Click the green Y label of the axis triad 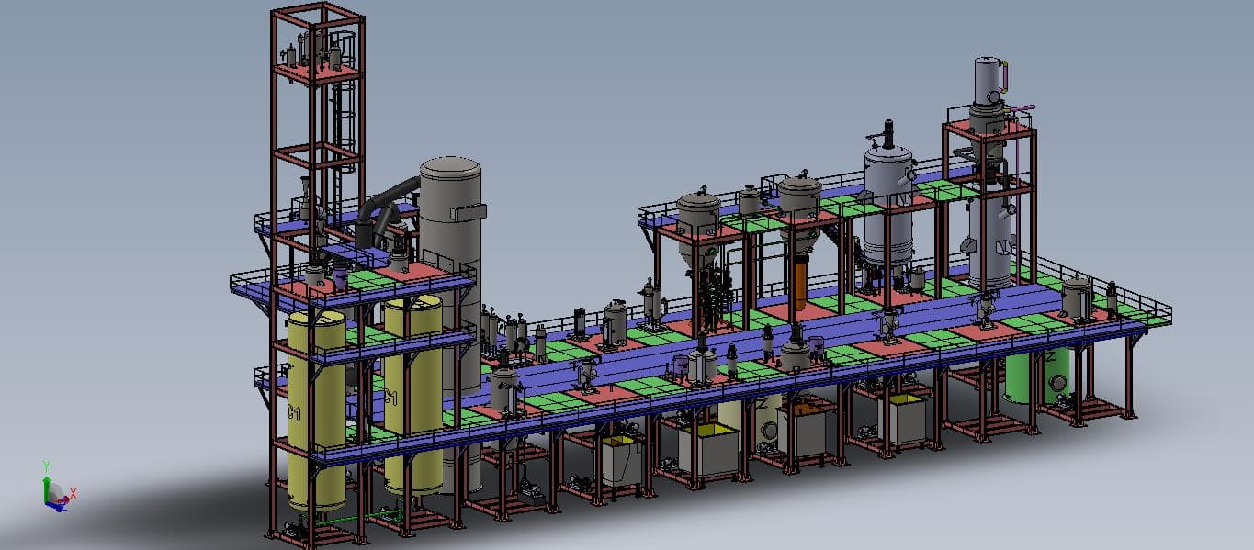pyautogui.click(x=46, y=466)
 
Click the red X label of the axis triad pyautogui.click(x=73, y=493)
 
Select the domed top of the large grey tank pyautogui.click(x=450, y=168)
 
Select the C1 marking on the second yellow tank pyautogui.click(x=391, y=398)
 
